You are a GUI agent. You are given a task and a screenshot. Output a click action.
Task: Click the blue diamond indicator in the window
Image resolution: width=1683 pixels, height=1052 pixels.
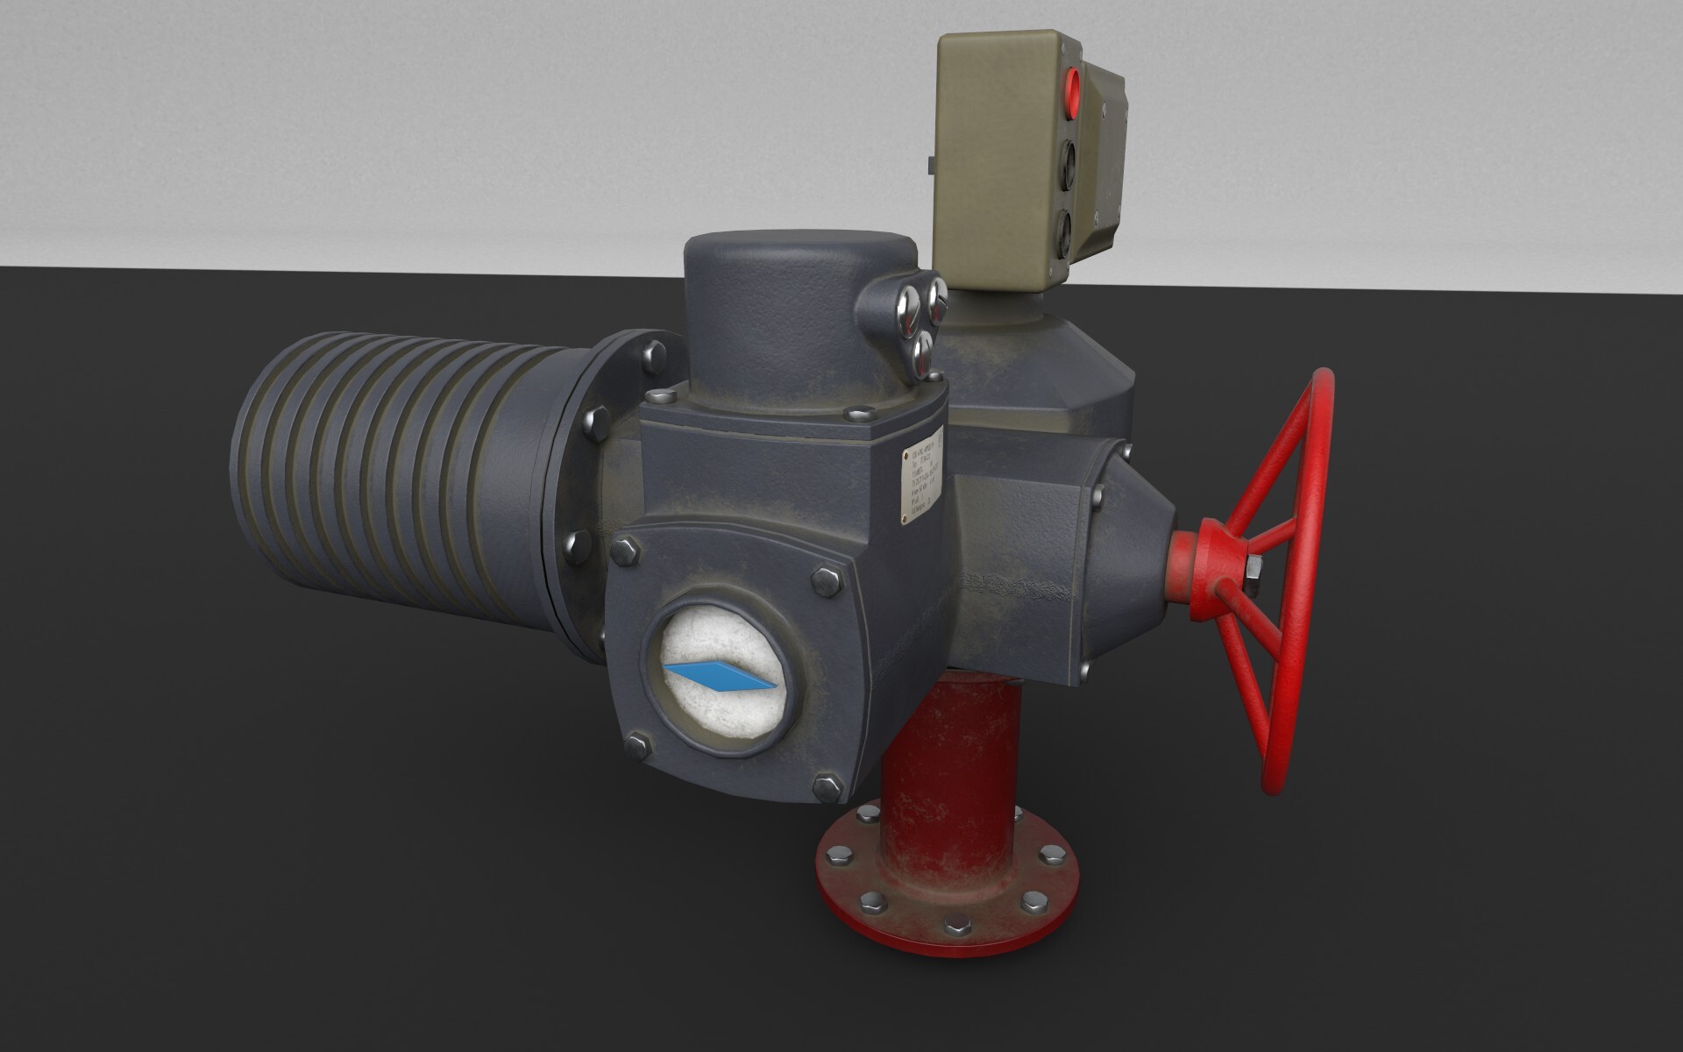click(721, 677)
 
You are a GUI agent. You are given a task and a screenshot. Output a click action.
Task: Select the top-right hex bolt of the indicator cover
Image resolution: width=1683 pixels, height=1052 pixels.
click(824, 579)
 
